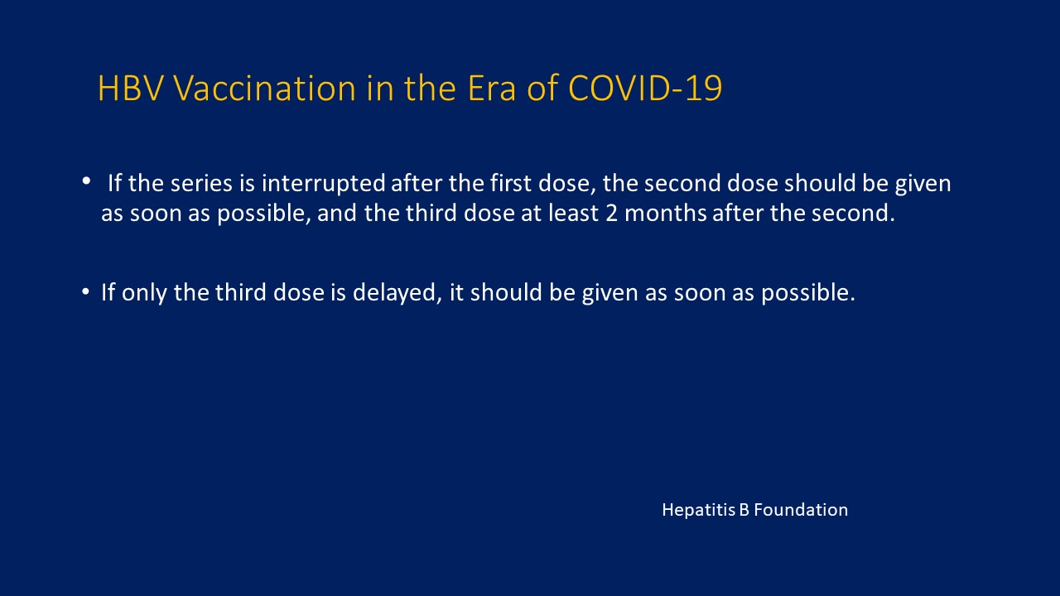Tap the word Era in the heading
pyautogui.click(x=492, y=88)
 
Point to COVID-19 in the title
pyautogui.click(x=645, y=88)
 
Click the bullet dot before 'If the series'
pyautogui.click(x=86, y=180)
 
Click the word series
pyautogui.click(x=201, y=184)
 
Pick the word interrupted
pyautogui.click(x=324, y=185)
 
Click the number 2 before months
pyautogui.click(x=611, y=214)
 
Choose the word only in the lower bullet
pyautogui.click(x=144, y=293)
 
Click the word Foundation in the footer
pyautogui.click(x=801, y=510)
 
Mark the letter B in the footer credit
pyautogui.click(x=744, y=510)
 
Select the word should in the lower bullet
pyautogui.click(x=506, y=292)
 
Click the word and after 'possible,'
pyautogui.click(x=337, y=213)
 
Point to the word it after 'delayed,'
pyautogui.click(x=456, y=292)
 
